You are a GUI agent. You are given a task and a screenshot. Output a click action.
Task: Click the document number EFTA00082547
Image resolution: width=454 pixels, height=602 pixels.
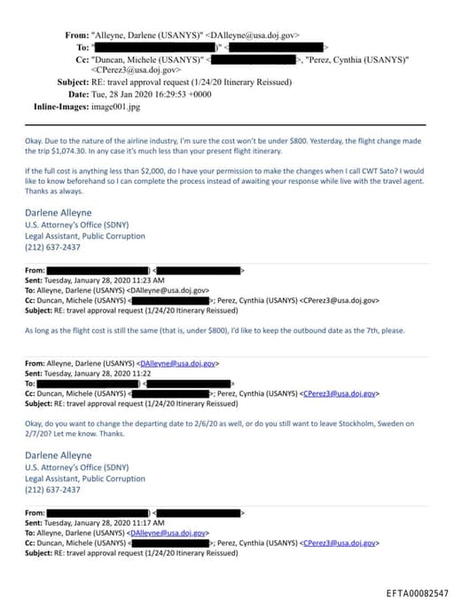[418, 593]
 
